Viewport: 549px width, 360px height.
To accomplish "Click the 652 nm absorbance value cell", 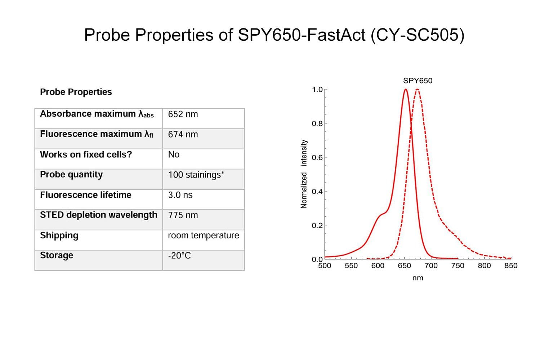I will tap(183, 114).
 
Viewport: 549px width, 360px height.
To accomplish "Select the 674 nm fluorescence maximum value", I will tap(183, 134).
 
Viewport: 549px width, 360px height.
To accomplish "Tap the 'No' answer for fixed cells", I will tap(174, 154).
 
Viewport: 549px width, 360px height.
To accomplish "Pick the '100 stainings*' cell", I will tap(196, 175).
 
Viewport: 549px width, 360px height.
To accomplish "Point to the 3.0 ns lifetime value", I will tap(180, 195).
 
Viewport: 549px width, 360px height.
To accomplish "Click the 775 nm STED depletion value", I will tap(183, 215).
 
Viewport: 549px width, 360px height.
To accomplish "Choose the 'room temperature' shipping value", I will tap(203, 235).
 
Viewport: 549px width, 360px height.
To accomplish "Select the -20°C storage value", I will tap(179, 256).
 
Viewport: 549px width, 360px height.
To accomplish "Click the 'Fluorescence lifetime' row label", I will tap(86, 195).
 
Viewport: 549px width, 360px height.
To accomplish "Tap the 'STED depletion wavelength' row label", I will tap(99, 215).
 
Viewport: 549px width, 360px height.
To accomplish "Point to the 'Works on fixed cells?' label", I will tap(86, 154).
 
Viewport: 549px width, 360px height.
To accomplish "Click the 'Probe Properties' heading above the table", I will tap(76, 92).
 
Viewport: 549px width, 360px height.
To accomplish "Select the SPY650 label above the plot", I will tap(418, 81).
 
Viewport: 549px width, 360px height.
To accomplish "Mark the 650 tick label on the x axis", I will tap(404, 266).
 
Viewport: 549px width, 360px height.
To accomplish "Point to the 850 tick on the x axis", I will tap(511, 266).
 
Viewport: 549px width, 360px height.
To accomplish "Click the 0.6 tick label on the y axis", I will tap(317, 157).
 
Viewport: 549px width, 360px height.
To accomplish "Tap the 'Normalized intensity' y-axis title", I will tap(304, 174).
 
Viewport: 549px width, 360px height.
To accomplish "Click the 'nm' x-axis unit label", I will tap(418, 278).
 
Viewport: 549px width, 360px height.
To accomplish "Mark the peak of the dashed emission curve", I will tap(417, 89).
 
